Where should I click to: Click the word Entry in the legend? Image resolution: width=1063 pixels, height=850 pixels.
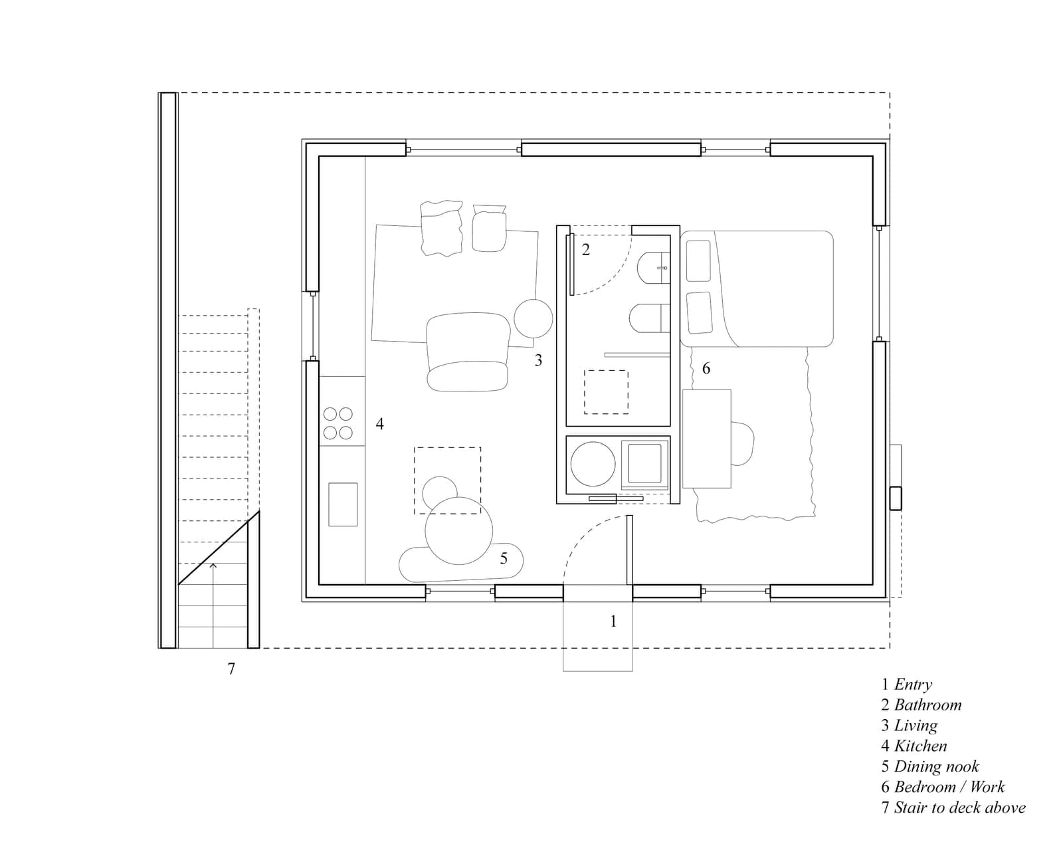click(913, 685)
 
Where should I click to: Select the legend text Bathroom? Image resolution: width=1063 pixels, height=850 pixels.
click(927, 704)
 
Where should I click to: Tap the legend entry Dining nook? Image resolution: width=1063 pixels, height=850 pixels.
click(937, 766)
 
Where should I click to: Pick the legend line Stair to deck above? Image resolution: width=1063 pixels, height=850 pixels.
click(960, 807)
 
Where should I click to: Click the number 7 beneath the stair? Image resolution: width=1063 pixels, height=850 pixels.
click(231, 669)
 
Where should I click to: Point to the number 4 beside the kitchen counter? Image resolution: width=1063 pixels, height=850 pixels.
click(379, 423)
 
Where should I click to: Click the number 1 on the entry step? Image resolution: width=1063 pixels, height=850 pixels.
click(613, 621)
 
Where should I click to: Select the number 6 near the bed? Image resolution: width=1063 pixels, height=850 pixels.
click(706, 368)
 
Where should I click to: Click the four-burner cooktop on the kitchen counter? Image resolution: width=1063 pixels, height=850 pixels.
click(338, 423)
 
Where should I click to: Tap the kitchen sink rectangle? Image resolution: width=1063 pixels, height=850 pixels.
click(343, 504)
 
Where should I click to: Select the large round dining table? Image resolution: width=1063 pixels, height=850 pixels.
click(459, 531)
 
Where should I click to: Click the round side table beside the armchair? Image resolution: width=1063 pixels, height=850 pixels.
click(533, 319)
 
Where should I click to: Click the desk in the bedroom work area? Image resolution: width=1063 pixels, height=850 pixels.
click(706, 439)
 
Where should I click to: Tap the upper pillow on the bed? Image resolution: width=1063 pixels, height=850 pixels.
click(698, 261)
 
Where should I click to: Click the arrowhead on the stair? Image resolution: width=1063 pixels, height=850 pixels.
click(213, 566)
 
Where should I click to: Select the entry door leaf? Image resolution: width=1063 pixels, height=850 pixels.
click(630, 550)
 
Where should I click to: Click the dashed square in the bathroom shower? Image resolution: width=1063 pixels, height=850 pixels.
click(606, 392)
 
